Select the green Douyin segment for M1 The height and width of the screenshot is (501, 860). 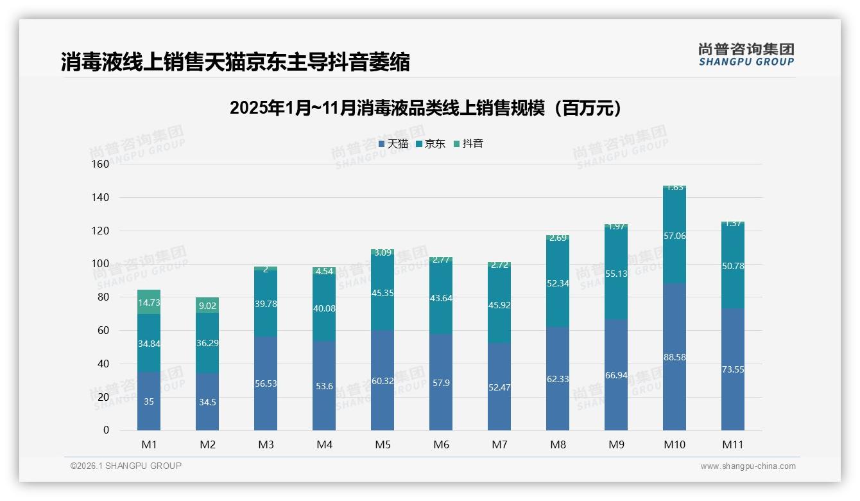point(149,302)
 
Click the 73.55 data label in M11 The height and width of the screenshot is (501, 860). point(733,369)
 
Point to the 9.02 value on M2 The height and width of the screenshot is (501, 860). point(207,306)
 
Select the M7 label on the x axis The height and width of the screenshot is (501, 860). point(499,444)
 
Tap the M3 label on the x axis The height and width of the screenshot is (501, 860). point(266,444)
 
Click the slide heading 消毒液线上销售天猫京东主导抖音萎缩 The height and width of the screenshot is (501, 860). point(236,62)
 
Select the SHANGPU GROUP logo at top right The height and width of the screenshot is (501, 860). point(746,55)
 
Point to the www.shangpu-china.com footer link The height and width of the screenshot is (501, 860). point(748,466)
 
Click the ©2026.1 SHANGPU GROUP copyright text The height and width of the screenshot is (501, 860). point(126,466)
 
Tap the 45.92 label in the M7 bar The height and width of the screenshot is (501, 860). point(499,305)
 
